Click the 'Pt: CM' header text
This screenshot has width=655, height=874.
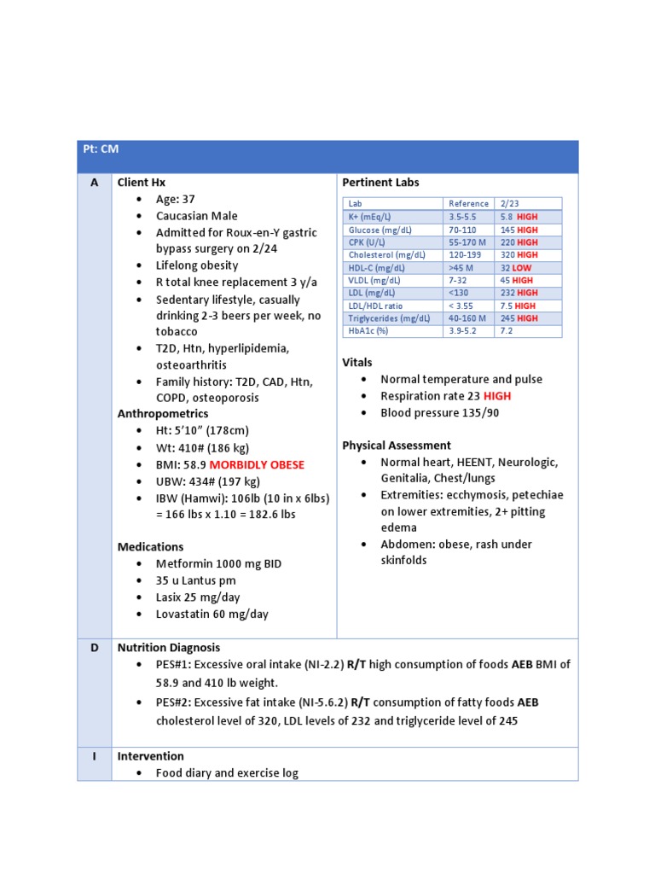[x=101, y=149]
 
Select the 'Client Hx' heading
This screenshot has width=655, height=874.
[x=142, y=183]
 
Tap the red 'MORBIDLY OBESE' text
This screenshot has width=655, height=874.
[x=257, y=465]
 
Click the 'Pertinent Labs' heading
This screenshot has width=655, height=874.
[x=380, y=183]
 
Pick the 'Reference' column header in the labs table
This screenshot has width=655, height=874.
[x=468, y=204]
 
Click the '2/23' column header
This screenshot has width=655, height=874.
[x=509, y=204]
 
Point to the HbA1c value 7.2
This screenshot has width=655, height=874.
[x=507, y=330]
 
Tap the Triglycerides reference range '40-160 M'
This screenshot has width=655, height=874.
[x=468, y=318]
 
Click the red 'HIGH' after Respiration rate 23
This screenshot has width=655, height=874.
[x=497, y=396]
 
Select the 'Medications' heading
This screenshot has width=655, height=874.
[x=150, y=546]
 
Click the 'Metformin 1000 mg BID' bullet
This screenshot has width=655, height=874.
[x=218, y=564]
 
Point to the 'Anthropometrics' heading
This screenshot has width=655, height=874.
[x=163, y=414]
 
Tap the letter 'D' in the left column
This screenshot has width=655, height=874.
[x=94, y=648]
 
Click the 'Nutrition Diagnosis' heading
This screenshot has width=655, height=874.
[x=168, y=648]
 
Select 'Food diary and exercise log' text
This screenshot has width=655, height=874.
[x=227, y=773]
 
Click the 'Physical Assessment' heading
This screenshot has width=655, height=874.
[x=397, y=446]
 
